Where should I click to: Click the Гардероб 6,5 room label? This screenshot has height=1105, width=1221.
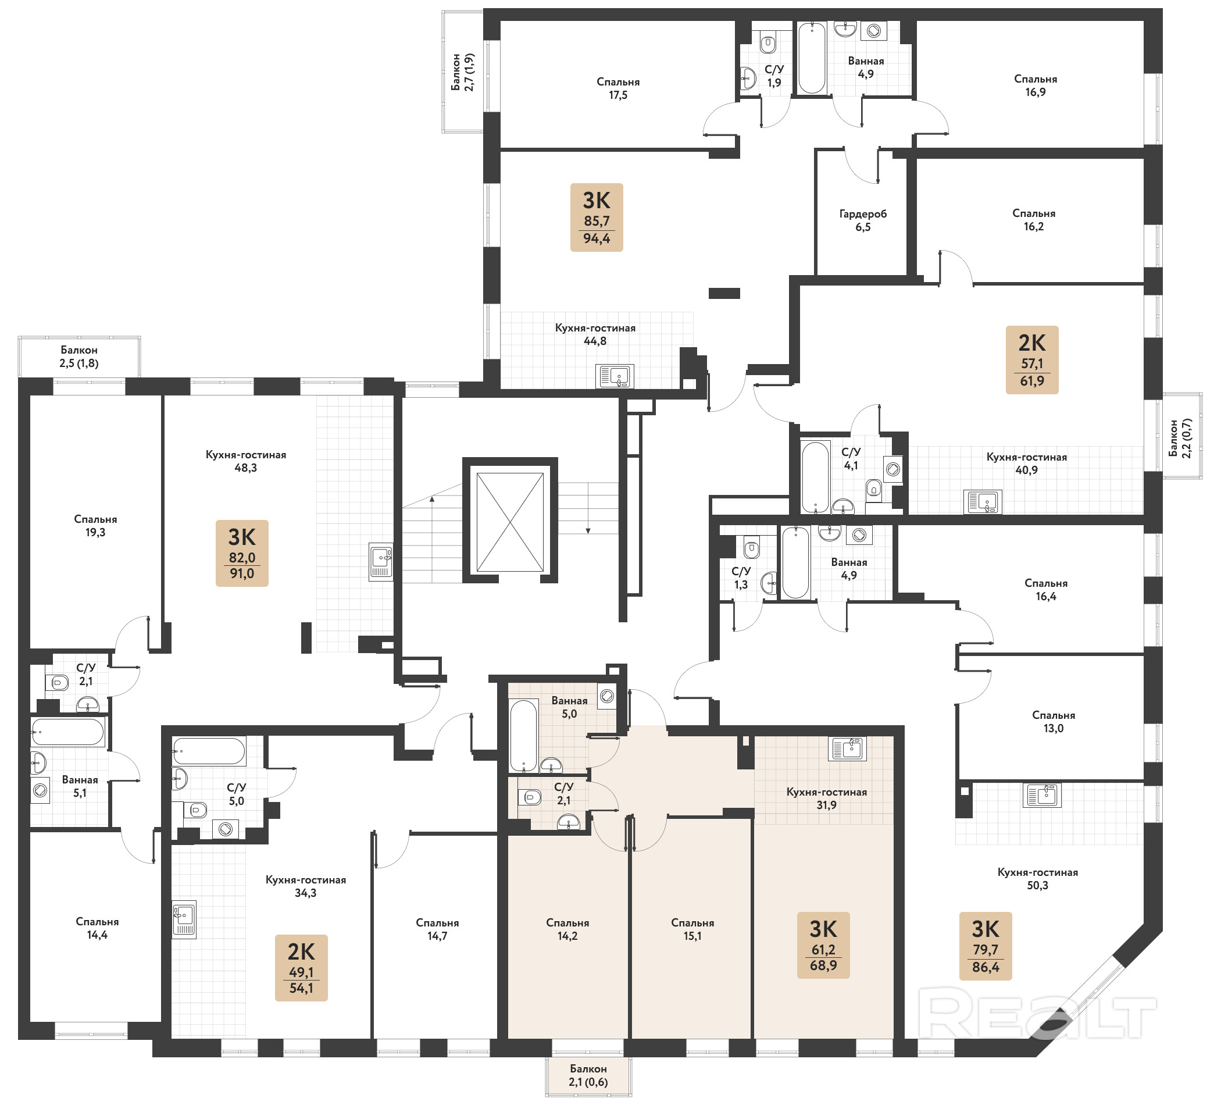pos(862,220)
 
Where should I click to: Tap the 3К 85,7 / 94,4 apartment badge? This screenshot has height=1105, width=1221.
pos(597,218)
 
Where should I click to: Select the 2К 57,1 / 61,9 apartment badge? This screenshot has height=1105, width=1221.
pos(1032,360)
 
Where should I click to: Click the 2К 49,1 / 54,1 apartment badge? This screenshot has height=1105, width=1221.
pos(301,968)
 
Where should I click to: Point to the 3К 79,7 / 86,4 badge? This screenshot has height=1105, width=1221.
pos(986,946)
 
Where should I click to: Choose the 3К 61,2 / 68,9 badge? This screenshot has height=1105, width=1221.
pos(824,945)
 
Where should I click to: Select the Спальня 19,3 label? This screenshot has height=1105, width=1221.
pos(95,526)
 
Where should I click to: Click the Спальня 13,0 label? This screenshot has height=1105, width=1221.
pos(1053,722)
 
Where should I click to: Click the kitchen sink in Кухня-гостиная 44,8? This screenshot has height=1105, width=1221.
pos(615,376)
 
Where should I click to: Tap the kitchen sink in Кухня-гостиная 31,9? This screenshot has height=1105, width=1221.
pos(847,749)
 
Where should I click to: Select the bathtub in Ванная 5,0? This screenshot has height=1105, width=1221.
pos(524,736)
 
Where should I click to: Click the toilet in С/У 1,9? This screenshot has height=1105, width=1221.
pos(768,44)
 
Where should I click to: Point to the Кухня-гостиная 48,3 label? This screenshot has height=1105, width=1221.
pos(245,461)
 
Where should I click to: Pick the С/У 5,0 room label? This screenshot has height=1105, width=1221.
pos(236,794)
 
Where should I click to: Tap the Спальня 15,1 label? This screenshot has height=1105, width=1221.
pos(692,929)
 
